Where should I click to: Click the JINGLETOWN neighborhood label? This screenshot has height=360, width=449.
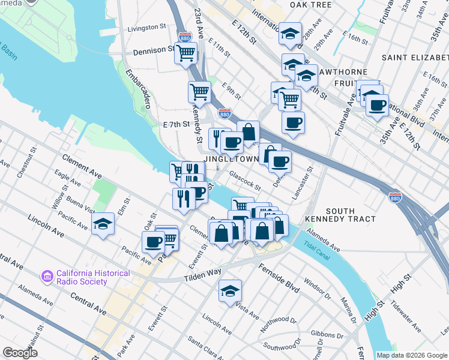point(233,159)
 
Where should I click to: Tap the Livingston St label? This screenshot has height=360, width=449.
point(146,28)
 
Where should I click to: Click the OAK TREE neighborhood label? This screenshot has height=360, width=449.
point(310,5)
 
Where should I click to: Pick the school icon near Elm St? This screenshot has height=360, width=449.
point(103,224)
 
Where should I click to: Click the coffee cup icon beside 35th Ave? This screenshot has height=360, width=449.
point(377,105)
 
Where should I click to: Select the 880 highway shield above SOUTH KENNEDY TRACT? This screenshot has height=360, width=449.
point(394,197)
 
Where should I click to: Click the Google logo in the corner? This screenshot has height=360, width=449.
point(19,353)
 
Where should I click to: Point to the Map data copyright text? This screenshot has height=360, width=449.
point(412,355)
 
